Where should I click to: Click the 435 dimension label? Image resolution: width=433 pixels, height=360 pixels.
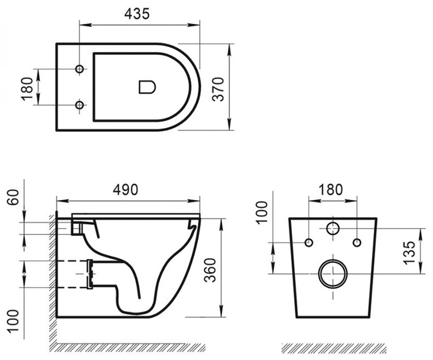[x=137, y=14]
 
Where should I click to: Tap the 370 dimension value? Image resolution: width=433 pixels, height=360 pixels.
[x=218, y=89]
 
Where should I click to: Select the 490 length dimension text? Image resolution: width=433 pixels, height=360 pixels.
[x=126, y=190]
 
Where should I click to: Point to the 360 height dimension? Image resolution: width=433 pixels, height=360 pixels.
[x=210, y=270]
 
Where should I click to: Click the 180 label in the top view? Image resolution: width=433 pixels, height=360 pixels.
[x=27, y=89]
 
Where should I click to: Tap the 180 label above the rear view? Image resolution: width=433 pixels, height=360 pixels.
[x=330, y=190]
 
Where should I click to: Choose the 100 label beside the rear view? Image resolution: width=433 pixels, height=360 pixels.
[x=262, y=212]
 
